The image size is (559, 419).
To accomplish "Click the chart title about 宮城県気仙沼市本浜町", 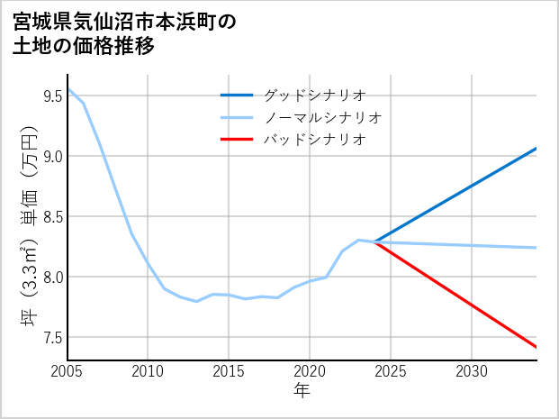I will pyautogui.click(x=125, y=33).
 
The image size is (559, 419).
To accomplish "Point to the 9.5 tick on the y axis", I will pyautogui.click(x=52, y=96).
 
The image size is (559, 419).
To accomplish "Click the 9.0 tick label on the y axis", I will pyautogui.click(x=52, y=156).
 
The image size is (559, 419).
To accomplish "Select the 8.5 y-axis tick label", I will pyautogui.click(x=52, y=216).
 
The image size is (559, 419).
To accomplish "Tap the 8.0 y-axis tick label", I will pyautogui.click(x=52, y=277).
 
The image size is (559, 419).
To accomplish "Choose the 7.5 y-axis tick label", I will pyautogui.click(x=52, y=337).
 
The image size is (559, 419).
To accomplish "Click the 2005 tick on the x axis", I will pyautogui.click(x=68, y=371).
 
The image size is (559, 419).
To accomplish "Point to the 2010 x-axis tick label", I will pyautogui.click(x=148, y=371).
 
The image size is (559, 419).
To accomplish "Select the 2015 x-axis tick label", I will pyautogui.click(x=229, y=371).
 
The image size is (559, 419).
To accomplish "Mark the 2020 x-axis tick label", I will pyautogui.click(x=310, y=371).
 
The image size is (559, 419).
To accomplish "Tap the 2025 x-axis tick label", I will pyautogui.click(x=391, y=371).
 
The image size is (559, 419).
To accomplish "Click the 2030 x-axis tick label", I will pyautogui.click(x=472, y=371).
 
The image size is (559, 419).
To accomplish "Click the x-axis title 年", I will pyautogui.click(x=302, y=391).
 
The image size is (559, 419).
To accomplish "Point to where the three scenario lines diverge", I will pyautogui.click(x=374, y=241).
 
